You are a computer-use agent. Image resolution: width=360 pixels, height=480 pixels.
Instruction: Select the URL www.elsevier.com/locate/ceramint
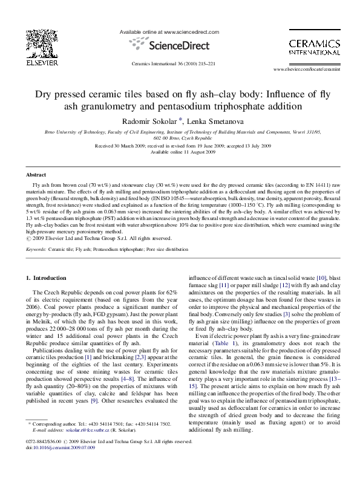[x=311, y=70]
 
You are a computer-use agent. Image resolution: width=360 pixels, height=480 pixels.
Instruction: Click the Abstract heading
[x=36, y=174]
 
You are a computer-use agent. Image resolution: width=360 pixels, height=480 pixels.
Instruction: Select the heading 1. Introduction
[x=45, y=277]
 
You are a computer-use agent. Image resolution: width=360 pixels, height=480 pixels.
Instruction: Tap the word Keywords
[x=36, y=248]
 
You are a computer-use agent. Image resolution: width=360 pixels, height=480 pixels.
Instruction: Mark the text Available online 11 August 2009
[x=180, y=152]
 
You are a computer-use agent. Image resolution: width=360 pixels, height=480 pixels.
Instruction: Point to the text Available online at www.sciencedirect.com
[x=169, y=31]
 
